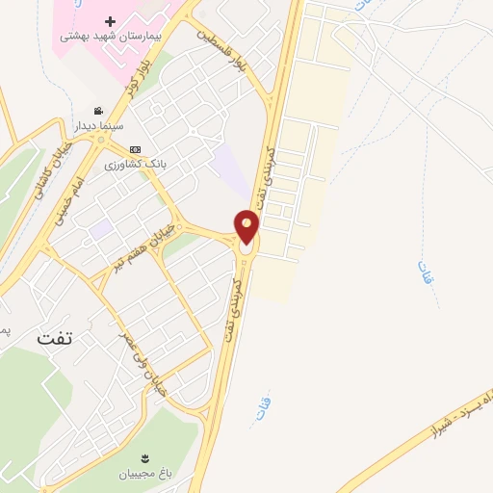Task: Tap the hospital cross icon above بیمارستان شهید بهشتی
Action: (x=110, y=21)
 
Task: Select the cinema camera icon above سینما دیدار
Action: (x=97, y=111)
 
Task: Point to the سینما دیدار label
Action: (x=96, y=125)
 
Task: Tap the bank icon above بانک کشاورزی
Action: (x=135, y=149)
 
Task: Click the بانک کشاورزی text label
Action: (x=136, y=164)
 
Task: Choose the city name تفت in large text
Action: (x=55, y=338)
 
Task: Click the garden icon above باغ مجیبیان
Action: (x=144, y=456)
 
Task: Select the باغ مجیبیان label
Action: (x=144, y=473)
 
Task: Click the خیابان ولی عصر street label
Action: (x=141, y=364)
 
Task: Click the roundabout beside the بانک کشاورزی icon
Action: (x=101, y=139)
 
